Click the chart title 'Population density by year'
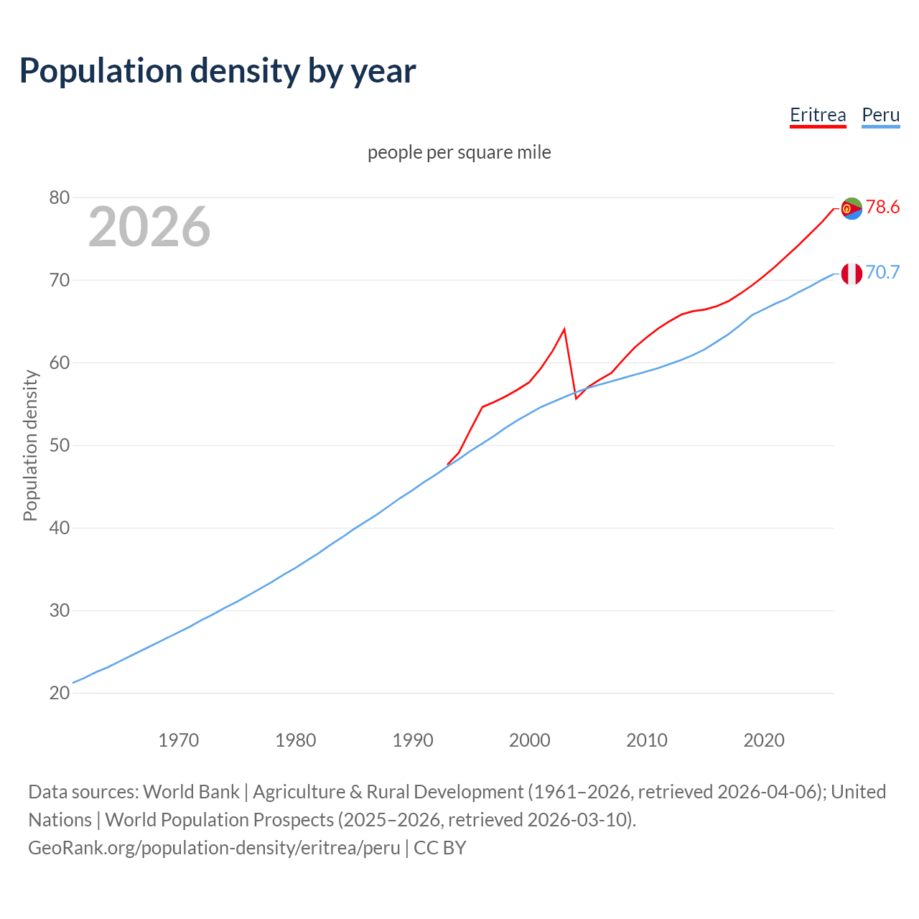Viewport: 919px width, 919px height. (218, 70)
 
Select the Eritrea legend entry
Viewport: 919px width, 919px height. (818, 115)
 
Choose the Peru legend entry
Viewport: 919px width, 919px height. (880, 115)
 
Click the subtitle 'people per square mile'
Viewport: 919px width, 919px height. (459, 152)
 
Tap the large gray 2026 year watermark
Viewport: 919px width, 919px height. (149, 227)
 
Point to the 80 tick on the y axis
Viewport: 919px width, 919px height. (60, 197)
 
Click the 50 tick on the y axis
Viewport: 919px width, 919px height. (60, 445)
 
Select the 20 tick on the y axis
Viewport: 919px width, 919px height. (60, 693)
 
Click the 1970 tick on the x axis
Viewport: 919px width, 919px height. (179, 740)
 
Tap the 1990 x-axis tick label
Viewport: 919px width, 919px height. (413, 740)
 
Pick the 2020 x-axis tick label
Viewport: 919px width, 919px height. (764, 740)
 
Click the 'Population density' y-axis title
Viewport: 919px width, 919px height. (30, 445)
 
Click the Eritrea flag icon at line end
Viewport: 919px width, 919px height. (852, 208)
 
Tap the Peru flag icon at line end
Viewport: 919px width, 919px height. (852, 274)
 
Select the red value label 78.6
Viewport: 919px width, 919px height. (882, 207)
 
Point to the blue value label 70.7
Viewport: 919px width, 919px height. (882, 273)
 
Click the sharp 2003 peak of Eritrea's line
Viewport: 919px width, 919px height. (564, 329)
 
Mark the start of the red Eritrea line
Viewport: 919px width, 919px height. (448, 465)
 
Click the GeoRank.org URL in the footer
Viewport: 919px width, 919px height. (214, 848)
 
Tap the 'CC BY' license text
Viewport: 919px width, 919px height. (440, 848)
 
